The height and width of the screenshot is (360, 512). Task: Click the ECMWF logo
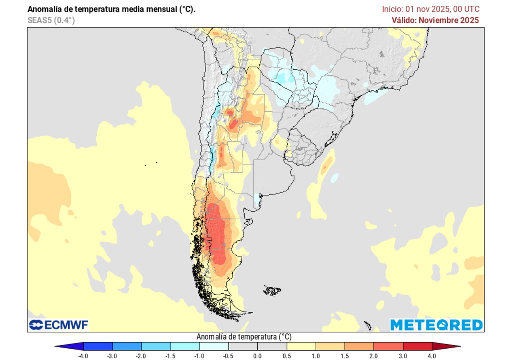pyautogui.click(x=58, y=325)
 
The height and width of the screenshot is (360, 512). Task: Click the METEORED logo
pyautogui.click(x=436, y=325)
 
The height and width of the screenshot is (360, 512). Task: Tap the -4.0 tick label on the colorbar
pyautogui.click(x=83, y=355)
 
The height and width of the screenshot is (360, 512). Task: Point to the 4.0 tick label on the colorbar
pyautogui.click(x=432, y=355)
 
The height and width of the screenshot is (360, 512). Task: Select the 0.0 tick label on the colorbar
pyautogui.click(x=257, y=355)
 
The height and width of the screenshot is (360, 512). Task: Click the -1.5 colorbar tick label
pyautogui.click(x=170, y=355)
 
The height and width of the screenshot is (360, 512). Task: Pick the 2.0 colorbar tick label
pyautogui.click(x=374, y=355)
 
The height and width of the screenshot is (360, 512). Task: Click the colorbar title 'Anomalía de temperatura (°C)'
pyautogui.click(x=244, y=336)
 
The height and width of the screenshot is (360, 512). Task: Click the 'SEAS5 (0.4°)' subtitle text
pyautogui.click(x=51, y=20)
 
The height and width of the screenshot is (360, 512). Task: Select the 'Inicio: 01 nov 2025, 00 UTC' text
pyautogui.click(x=431, y=9)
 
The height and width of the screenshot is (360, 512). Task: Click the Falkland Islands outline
pyautogui.click(x=272, y=290)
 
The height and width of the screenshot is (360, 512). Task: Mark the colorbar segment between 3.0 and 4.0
pyautogui.click(x=417, y=346)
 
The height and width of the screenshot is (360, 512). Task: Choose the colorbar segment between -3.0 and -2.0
pyautogui.click(x=127, y=346)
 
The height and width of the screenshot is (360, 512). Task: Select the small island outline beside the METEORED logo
pyautogui.click(x=368, y=325)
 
